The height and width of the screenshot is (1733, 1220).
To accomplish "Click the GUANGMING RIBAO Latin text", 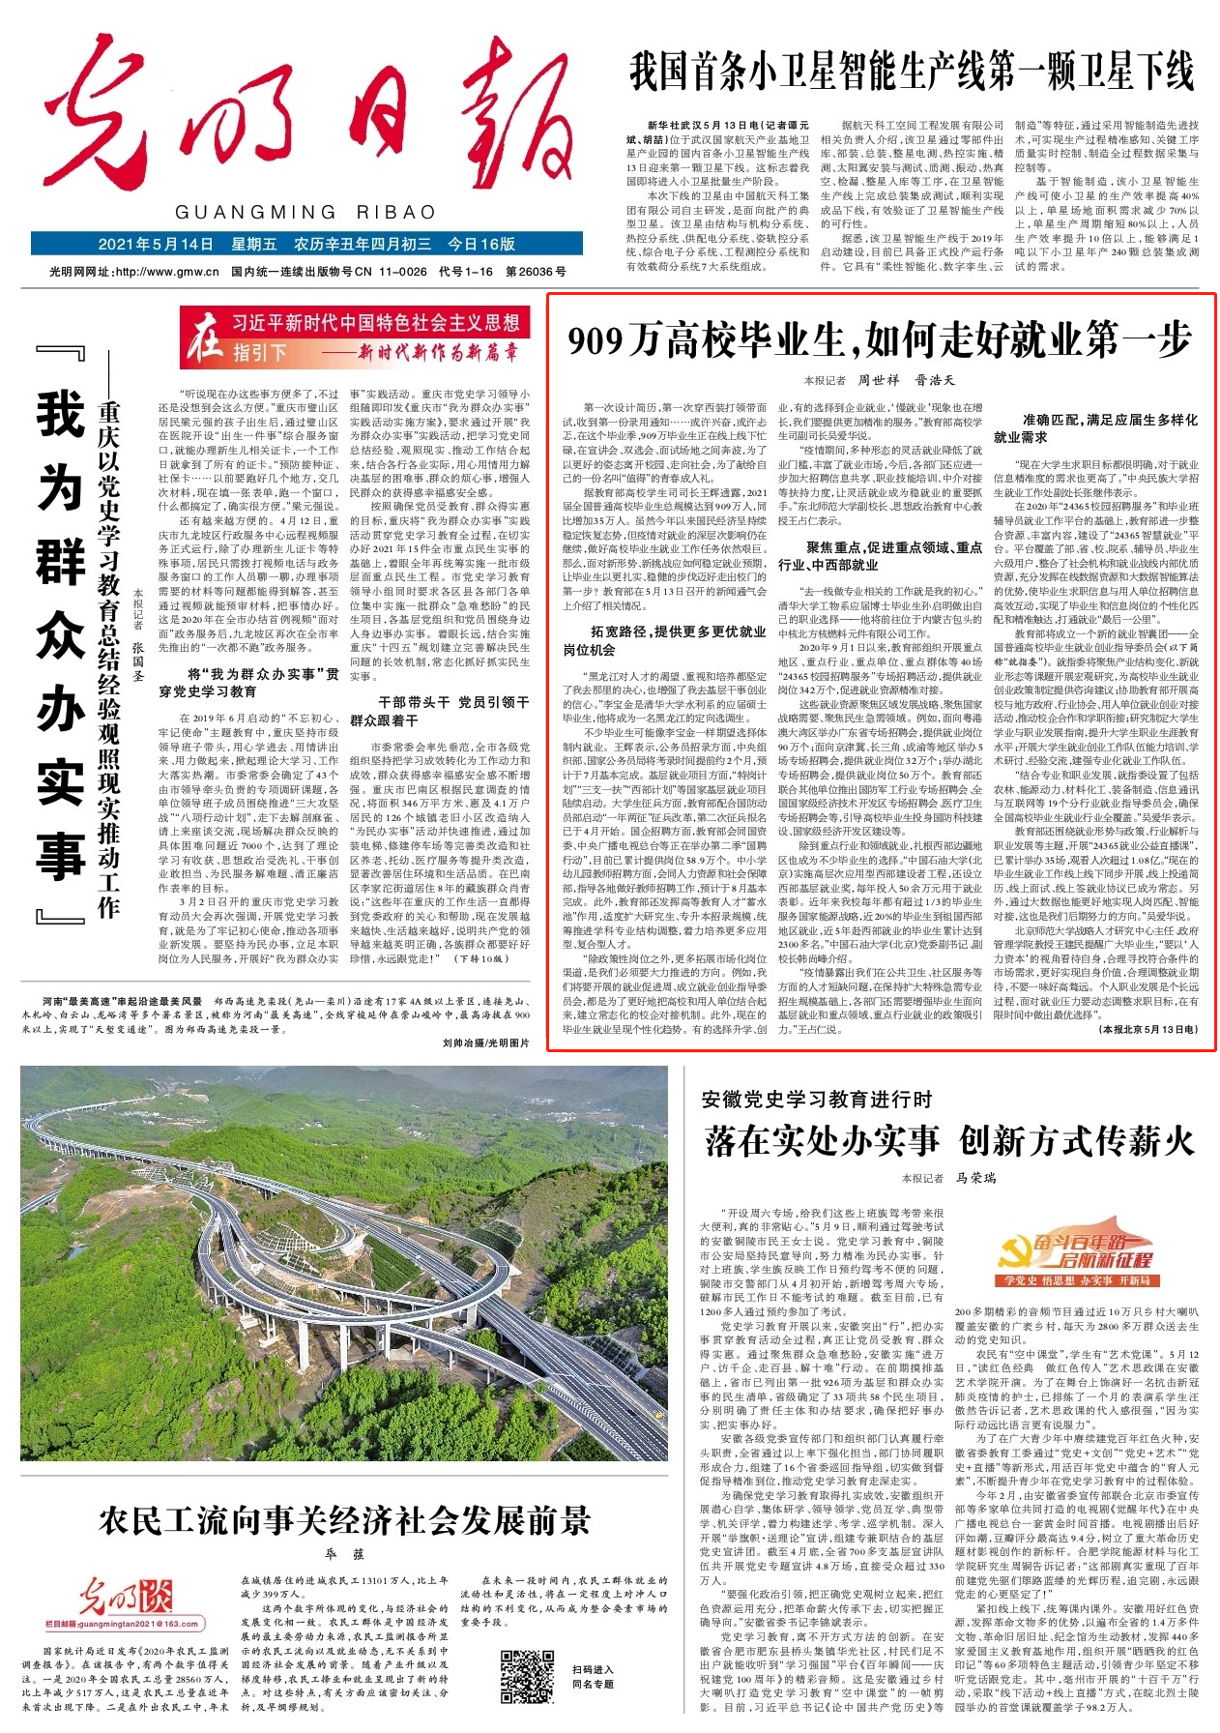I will pos(305,212).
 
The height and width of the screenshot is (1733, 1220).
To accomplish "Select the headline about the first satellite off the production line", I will pos(912,72).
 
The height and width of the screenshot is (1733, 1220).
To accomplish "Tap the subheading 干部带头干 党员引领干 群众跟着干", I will pos(440,711).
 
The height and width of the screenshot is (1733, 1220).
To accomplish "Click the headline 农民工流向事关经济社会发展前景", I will pos(343,1521).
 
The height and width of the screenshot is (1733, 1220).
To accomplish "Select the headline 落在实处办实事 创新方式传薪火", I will pos(949,1140).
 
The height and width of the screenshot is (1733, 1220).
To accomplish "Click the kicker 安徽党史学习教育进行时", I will pos(816,1099).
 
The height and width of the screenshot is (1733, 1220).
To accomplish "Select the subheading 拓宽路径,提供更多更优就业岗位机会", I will pos(664,640).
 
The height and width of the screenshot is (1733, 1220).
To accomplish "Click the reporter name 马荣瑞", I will pos(975,1178).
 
